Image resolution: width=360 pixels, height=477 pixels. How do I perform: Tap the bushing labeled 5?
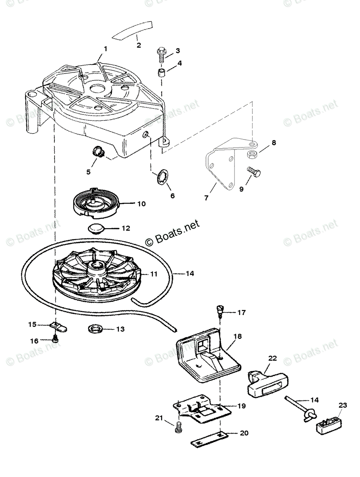point(97,151)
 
